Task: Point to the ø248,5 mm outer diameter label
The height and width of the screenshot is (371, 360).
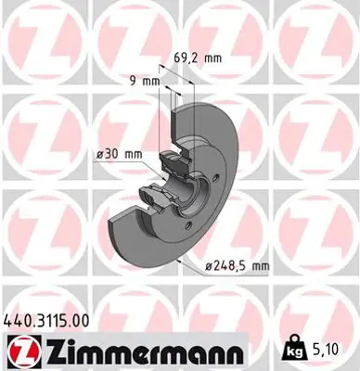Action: pyautogui.click(x=236, y=266)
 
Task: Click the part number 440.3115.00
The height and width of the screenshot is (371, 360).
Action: pyautogui.click(x=48, y=320)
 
